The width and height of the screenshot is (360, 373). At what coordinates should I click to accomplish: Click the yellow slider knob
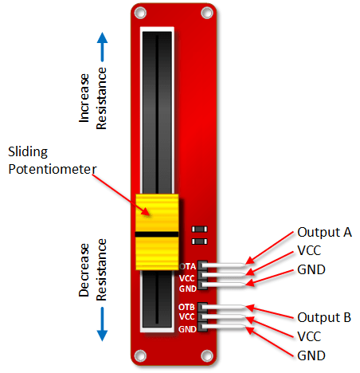pos(157,232)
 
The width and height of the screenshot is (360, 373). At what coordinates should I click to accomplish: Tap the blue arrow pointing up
pos(102,47)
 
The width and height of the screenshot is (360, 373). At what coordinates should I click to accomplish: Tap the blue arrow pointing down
pos(102,324)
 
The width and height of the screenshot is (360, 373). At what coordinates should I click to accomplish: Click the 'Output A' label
pos(324,233)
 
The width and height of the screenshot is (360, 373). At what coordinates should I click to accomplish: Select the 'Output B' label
pos(324,317)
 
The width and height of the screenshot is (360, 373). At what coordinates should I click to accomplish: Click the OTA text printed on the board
pos(188,266)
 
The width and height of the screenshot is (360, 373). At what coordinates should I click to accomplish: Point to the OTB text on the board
pos(186,307)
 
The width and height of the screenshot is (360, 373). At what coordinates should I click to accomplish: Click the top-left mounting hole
pos(140,13)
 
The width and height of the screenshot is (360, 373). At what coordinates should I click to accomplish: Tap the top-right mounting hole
pos(207,13)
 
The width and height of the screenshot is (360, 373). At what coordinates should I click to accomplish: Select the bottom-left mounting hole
pos(140,355)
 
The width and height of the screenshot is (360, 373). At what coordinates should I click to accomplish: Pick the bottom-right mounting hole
pos(207,355)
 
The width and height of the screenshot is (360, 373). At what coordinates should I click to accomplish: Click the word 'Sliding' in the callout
pos(28,152)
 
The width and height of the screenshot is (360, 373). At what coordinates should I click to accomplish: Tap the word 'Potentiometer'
pos(53,169)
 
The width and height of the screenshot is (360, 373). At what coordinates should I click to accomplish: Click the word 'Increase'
pos(84,98)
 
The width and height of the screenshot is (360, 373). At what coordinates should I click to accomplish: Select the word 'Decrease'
pos(84,270)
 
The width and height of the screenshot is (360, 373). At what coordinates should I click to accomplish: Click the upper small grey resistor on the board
pos(200,229)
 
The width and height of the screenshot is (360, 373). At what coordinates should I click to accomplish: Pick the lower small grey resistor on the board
pos(200,241)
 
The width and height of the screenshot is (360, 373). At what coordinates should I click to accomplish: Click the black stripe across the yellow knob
pos(157,234)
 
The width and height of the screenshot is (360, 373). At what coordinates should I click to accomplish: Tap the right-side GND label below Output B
pos(311,355)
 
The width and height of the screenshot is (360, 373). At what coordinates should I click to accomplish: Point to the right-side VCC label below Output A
pos(309,250)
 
